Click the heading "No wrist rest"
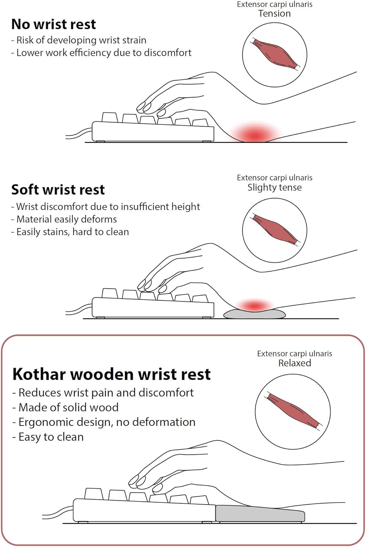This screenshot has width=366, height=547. pos(54,24)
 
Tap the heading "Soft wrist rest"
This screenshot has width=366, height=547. pos(58,190)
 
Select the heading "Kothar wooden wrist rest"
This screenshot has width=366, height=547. pos(111,374)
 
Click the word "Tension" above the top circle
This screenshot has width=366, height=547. pos(274,14)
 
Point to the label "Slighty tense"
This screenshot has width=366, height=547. pos(274,187)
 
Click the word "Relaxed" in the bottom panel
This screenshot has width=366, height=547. pos(294,363)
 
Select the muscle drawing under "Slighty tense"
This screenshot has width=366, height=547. pos(275,230)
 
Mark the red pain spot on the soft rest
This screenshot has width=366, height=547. pos(254,306)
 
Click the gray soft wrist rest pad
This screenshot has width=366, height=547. pos(254,314)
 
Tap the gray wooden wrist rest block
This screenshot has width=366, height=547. pos(260,513)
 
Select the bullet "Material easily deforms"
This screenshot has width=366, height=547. pos(64,219)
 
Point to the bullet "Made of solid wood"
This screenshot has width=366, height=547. pos(66,407)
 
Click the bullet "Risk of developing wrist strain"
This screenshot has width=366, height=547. pos(79,40)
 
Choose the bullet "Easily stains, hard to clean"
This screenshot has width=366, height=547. pos(70,232)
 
